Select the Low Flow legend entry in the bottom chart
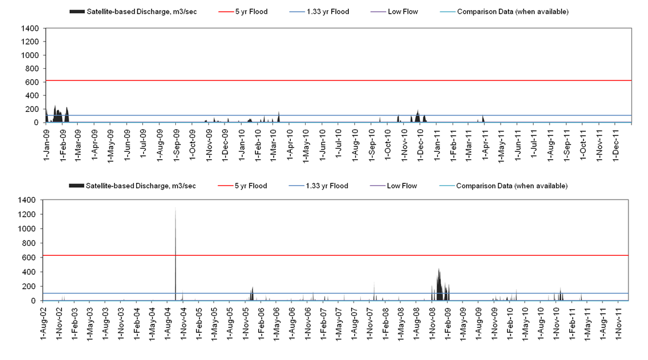click(x=401, y=186)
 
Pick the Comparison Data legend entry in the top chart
click(x=512, y=12)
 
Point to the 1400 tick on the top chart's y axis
click(x=30, y=28)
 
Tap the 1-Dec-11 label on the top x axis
click(x=614, y=142)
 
